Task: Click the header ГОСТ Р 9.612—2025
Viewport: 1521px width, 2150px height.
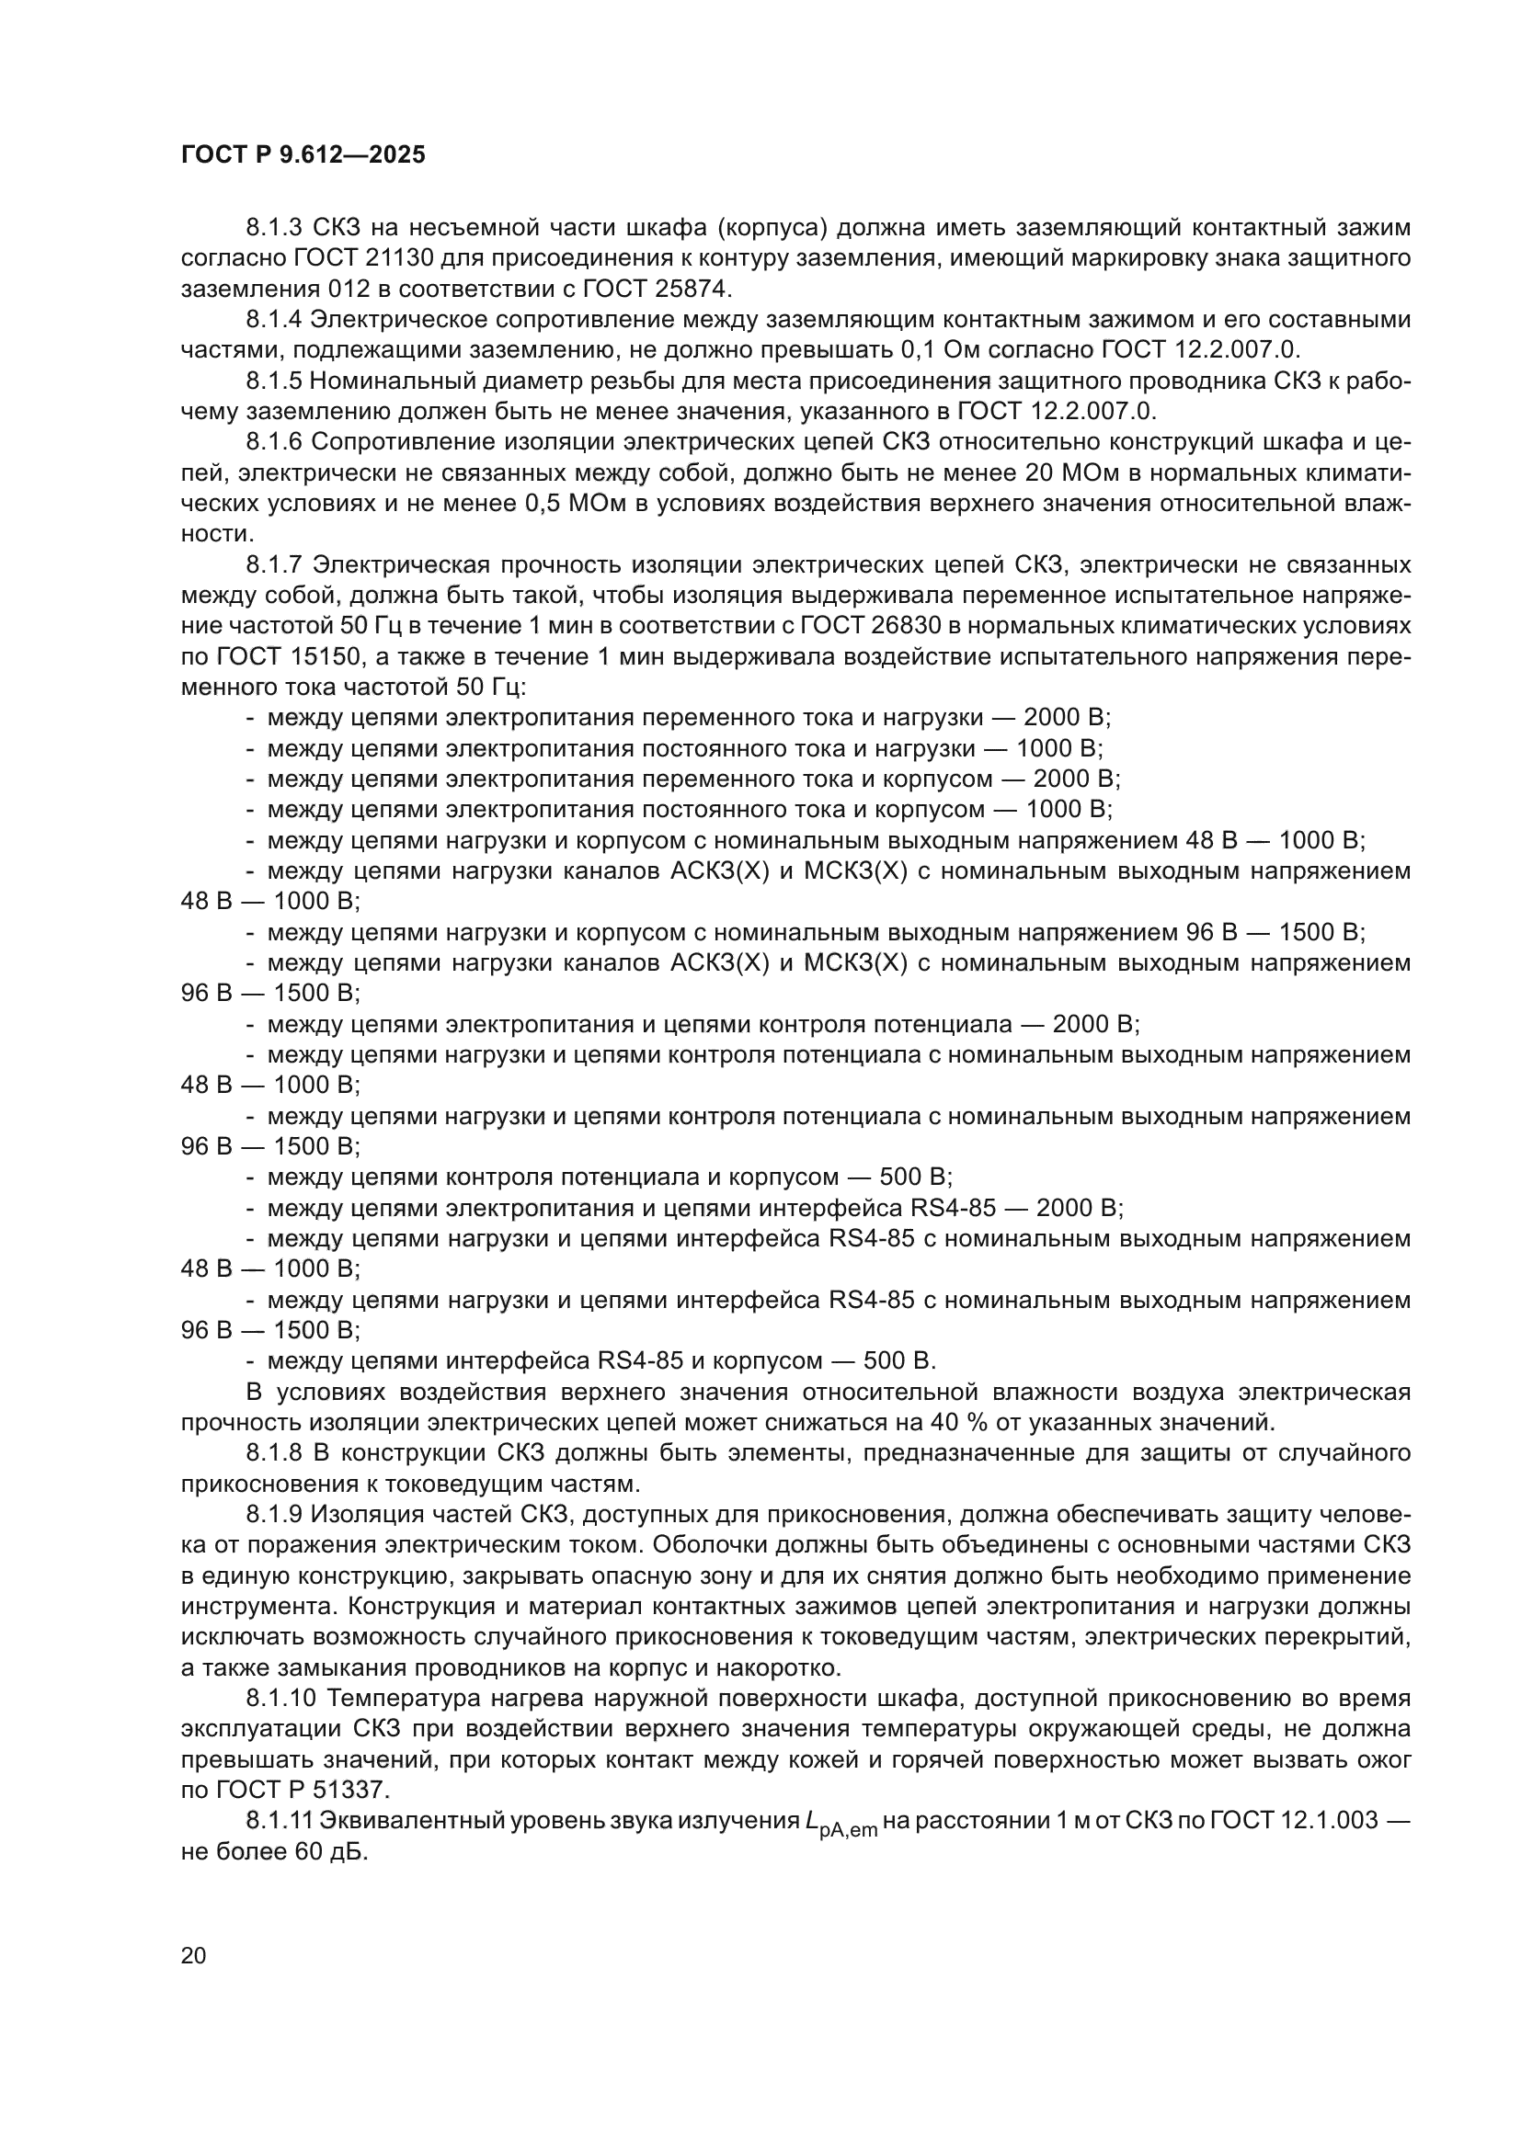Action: (x=303, y=154)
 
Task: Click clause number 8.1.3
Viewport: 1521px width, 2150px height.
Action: (x=274, y=228)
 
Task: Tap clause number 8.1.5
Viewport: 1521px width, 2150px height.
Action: (x=274, y=381)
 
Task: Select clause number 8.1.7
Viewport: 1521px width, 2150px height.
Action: (x=274, y=564)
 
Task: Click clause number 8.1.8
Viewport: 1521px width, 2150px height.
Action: (x=274, y=1453)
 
